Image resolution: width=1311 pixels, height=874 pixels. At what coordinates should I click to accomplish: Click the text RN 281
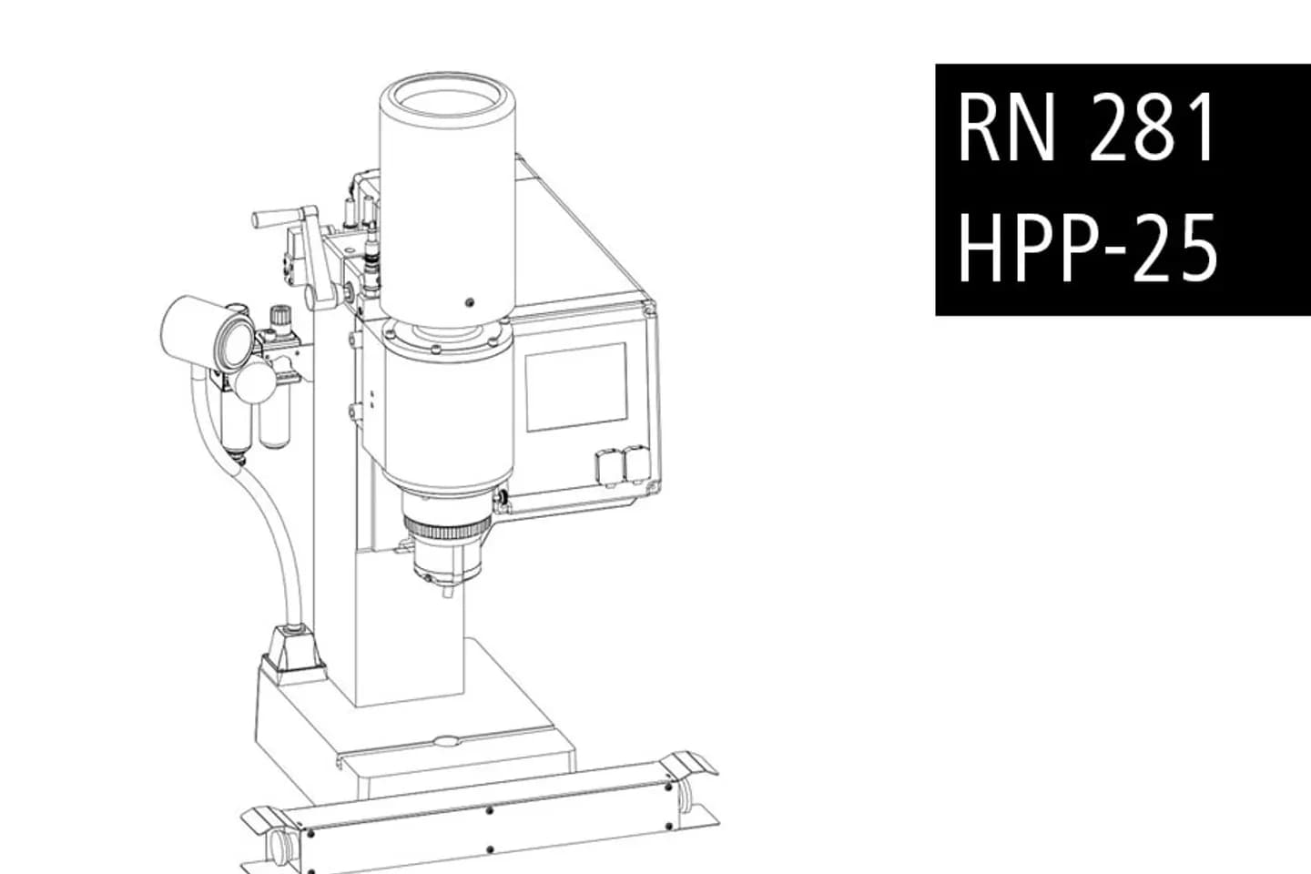click(x=1086, y=128)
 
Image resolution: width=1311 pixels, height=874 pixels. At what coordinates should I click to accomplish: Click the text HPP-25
click(x=1086, y=247)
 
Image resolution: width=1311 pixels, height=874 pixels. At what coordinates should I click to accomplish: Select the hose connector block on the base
click(x=292, y=649)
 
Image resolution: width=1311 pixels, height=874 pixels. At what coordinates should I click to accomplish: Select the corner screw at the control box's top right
click(x=649, y=310)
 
